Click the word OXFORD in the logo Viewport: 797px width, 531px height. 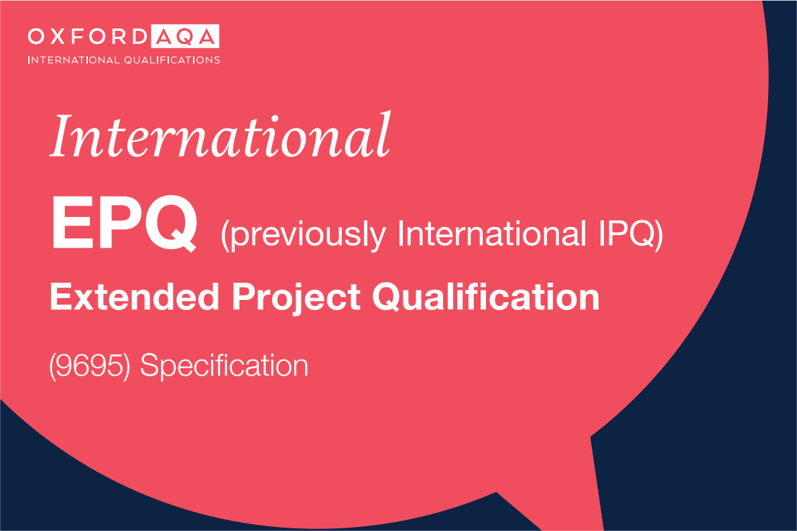(87, 37)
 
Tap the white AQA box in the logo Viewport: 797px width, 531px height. (185, 37)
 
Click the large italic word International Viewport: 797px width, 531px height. (220, 135)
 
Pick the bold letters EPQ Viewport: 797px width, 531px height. (125, 224)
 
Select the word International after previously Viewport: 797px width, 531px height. (488, 234)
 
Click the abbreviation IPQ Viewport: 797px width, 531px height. (626, 234)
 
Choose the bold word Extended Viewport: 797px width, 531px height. (135, 297)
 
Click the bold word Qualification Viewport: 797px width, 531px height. (486, 297)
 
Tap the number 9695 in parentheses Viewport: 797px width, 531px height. (89, 366)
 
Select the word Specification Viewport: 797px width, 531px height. (224, 366)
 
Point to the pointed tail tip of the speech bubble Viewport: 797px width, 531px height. (603, 530)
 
